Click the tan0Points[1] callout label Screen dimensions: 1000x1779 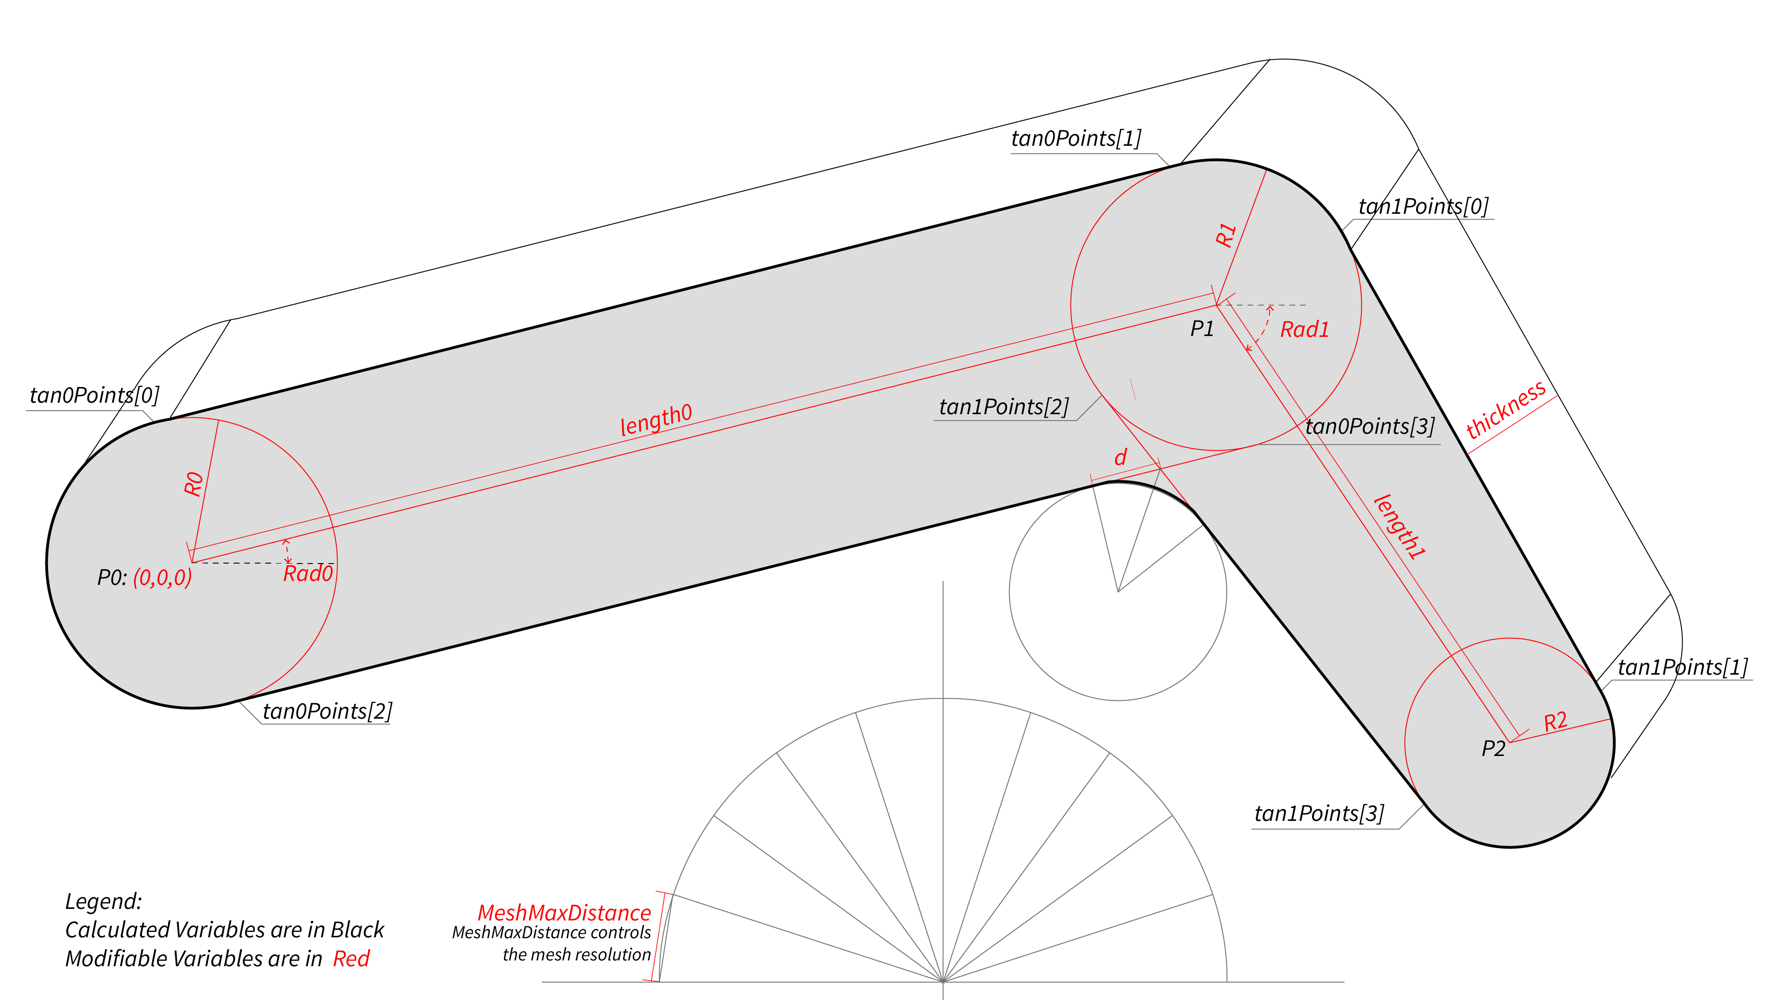1076,139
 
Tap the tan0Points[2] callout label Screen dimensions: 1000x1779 327,711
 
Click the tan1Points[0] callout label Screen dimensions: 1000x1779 1423,206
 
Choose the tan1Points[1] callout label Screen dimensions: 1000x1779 1683,668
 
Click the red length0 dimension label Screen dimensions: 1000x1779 656,420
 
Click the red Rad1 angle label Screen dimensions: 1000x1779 1304,330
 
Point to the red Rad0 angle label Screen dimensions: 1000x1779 308,573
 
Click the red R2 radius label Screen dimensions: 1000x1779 1555,722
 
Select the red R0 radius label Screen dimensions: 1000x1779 194,484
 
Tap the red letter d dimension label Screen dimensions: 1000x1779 1120,457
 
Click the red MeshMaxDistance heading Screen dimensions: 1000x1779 564,913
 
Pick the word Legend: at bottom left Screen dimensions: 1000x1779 104,901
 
